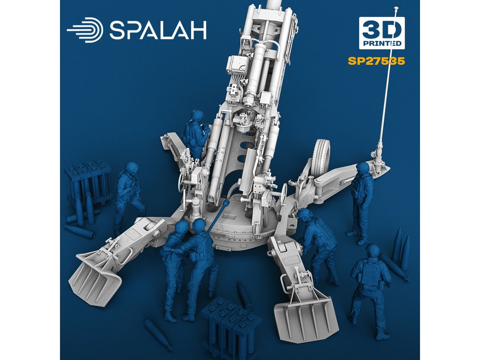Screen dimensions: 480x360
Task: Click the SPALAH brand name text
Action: [158, 30]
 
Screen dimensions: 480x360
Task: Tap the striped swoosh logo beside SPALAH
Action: [85, 30]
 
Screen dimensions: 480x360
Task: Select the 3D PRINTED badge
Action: [382, 33]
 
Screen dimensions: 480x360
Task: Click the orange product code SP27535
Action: [376, 61]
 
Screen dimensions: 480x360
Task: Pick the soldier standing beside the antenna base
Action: [361, 203]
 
